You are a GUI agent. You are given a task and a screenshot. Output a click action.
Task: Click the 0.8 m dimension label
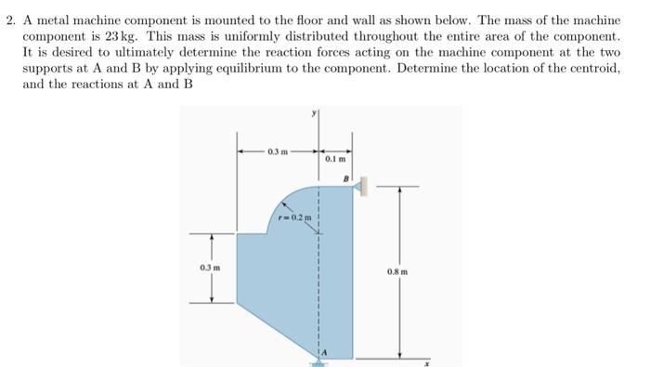tap(407, 273)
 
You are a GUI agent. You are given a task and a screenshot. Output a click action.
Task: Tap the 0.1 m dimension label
tap(335, 160)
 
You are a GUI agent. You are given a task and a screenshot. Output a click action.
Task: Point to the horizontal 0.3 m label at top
tap(277, 151)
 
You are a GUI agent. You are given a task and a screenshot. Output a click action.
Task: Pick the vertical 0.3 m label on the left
tap(207, 268)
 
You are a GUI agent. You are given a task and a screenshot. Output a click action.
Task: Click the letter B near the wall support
tap(345, 177)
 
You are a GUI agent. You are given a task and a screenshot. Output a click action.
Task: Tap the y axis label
tap(317, 112)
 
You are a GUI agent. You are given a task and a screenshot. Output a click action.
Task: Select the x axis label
tap(429, 360)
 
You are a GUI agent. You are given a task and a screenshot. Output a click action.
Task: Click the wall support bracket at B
tap(358, 187)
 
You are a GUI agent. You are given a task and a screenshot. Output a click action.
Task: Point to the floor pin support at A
tap(318, 360)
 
